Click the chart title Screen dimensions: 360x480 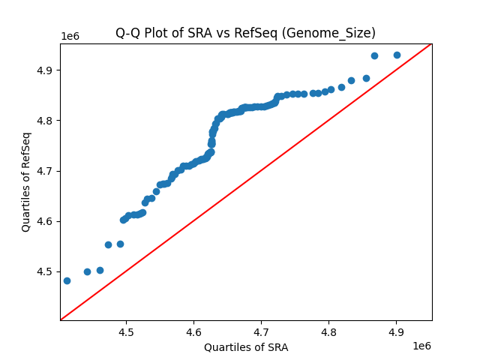tap(245, 33)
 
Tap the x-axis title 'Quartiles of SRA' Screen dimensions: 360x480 tap(245, 347)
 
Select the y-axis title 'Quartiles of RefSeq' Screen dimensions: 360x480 tap(26, 181)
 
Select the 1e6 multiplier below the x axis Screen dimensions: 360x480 tap(421, 346)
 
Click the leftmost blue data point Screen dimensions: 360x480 tap(67, 280)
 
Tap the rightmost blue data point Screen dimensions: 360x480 tap(397, 55)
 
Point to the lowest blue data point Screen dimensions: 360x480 tap(67, 280)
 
